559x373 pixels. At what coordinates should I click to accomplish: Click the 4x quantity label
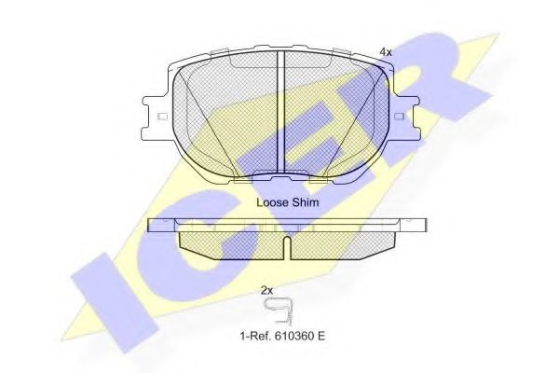coord(386,52)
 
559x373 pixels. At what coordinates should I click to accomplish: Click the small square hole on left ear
coord(162,117)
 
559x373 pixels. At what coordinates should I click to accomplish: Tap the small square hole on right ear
coord(400,117)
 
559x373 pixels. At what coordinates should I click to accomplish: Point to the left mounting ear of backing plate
coord(158,117)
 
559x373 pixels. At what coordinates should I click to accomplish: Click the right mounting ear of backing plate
coord(403,117)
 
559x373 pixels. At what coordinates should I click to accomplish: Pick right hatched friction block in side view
coord(340,242)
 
